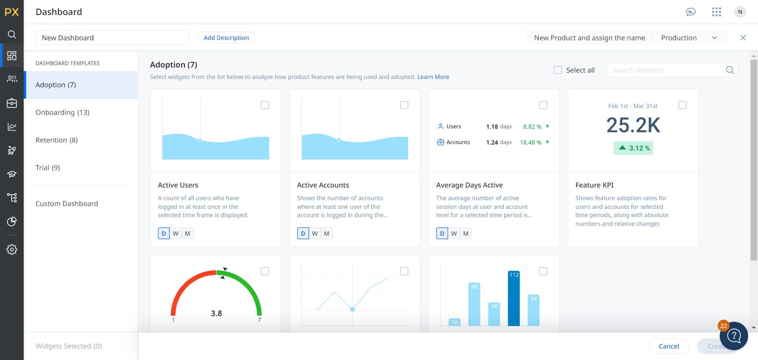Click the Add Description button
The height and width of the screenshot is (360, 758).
pos(226,38)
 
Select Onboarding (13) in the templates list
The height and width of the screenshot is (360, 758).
pos(62,112)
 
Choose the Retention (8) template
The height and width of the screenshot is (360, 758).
pos(56,140)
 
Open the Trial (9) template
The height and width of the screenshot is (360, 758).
pos(48,168)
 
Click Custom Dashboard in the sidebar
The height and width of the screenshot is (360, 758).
pos(67,204)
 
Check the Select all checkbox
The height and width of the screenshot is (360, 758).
pos(557,70)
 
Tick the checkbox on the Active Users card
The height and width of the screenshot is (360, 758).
pos(265,105)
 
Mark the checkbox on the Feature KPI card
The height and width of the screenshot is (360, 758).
pos(682,105)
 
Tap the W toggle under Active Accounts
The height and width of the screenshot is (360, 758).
pos(315,234)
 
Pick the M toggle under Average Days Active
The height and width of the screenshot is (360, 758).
pos(466,234)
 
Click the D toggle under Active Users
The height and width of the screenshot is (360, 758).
pos(164,234)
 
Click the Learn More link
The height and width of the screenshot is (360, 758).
pos(433,77)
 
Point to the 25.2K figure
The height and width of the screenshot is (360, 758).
pos(633,125)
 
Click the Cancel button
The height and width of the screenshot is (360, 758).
pos(669,346)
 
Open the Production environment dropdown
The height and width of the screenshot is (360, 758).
pos(689,38)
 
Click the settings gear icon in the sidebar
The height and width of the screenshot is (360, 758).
pos(12,249)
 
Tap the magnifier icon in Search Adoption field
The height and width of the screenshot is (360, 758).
pos(730,70)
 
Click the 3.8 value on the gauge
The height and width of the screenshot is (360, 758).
pos(216,313)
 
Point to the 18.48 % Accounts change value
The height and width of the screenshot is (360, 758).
pos(531,142)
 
